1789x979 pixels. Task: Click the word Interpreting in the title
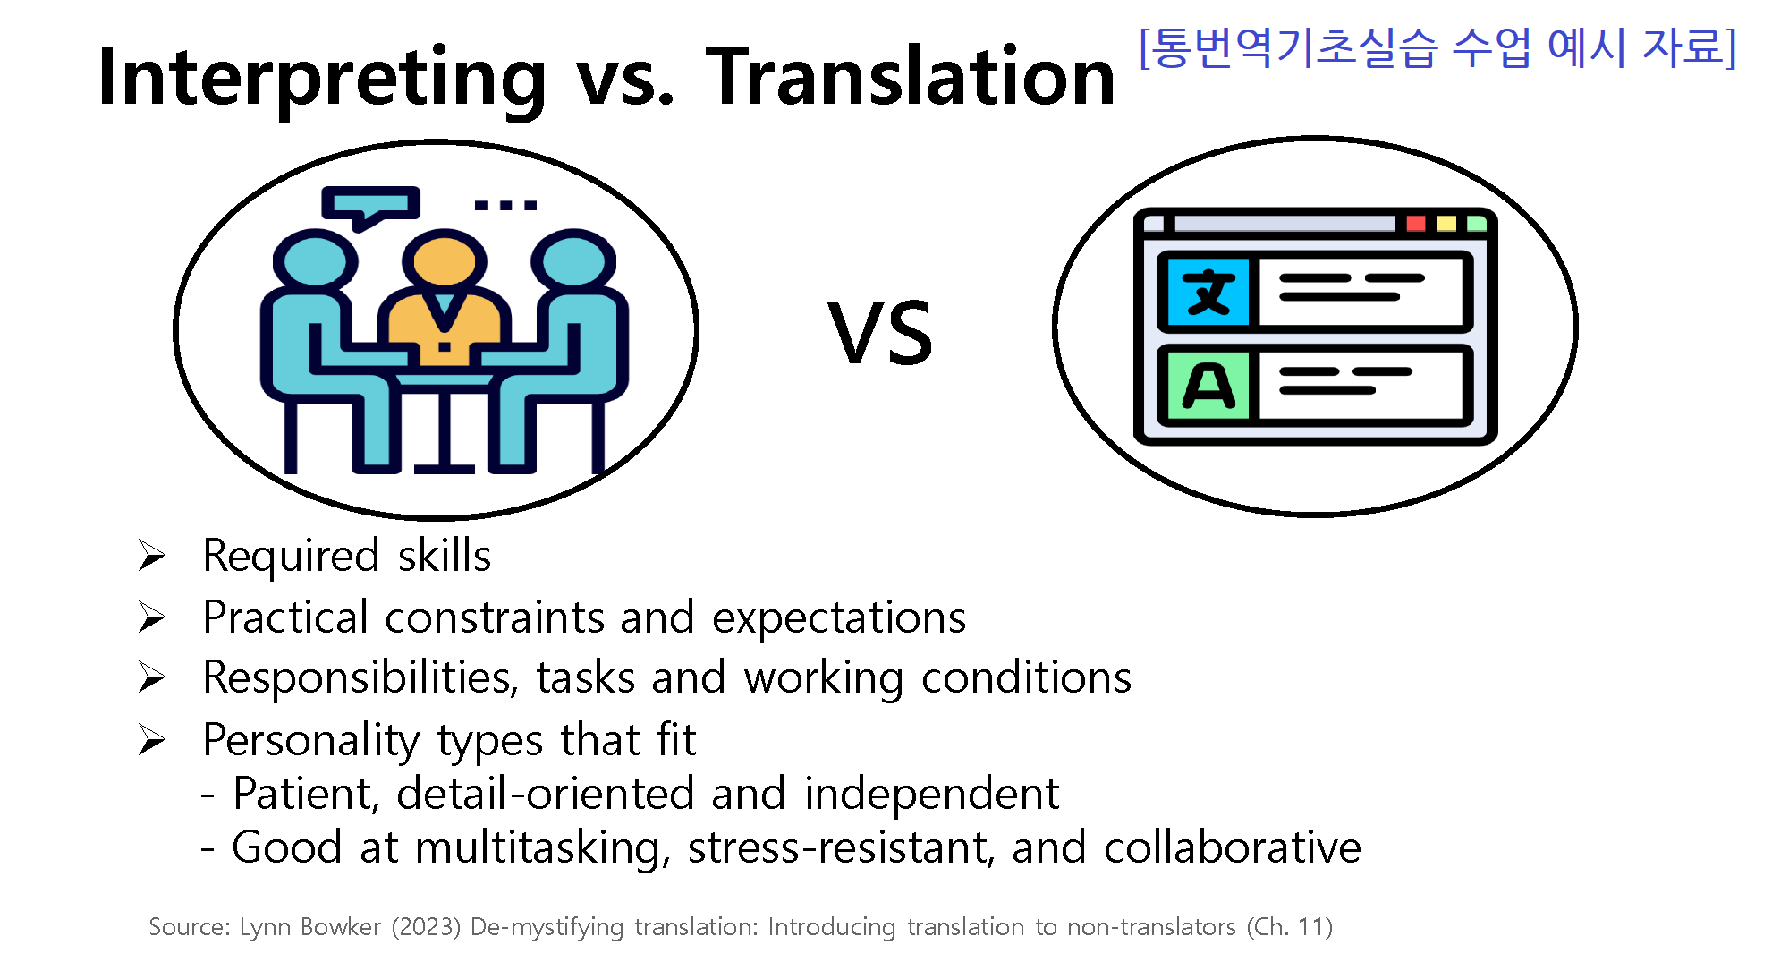pos(322,79)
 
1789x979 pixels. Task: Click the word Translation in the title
pos(911,77)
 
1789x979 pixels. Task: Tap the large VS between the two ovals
pos(880,333)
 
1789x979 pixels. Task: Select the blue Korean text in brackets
pos(1437,47)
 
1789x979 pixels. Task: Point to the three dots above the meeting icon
pos(505,206)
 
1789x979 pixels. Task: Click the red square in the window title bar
pos(1416,223)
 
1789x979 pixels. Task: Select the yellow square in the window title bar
pos(1446,223)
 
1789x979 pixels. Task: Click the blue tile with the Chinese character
pos(1208,292)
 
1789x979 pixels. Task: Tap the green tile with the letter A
pos(1208,386)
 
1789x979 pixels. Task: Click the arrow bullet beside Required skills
pos(152,556)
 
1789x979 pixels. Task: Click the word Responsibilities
pos(360,678)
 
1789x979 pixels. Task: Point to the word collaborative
pos(1233,847)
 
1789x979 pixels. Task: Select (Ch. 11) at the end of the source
pos(1290,927)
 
